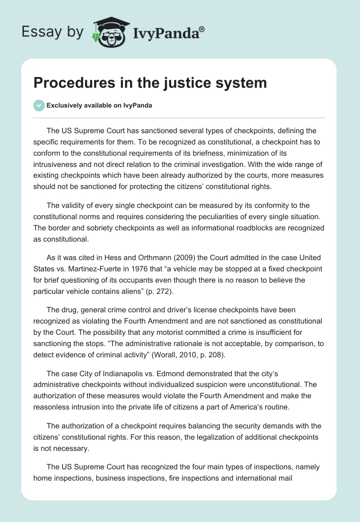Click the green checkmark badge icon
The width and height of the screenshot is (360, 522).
pyautogui.click(x=39, y=105)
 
